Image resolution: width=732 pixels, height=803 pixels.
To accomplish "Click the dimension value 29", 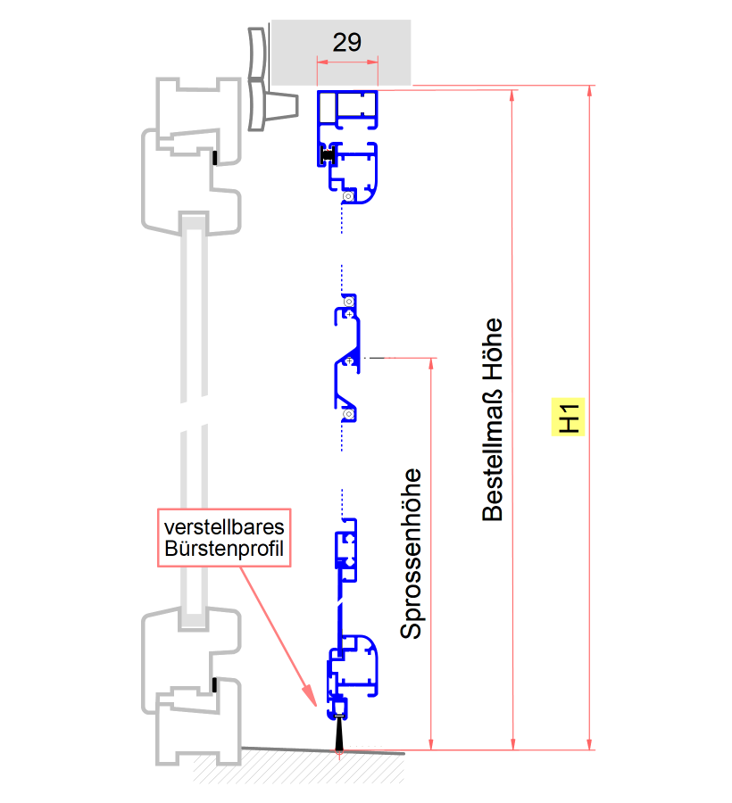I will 346,42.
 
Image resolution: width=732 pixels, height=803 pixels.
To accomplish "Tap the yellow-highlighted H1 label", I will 570,417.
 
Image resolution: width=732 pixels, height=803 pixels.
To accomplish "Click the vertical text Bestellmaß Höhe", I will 493,419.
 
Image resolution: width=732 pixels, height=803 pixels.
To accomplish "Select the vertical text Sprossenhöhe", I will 411,553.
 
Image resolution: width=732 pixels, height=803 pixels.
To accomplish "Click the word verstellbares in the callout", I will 223,525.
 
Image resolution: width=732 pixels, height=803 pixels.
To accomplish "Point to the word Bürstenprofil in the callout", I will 223,548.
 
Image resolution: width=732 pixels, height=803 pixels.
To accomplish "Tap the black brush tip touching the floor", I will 340,736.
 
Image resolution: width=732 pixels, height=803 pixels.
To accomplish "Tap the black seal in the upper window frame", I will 215,158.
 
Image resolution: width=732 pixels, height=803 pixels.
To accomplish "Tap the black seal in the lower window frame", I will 215,685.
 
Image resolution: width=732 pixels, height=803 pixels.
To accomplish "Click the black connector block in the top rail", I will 327,156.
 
